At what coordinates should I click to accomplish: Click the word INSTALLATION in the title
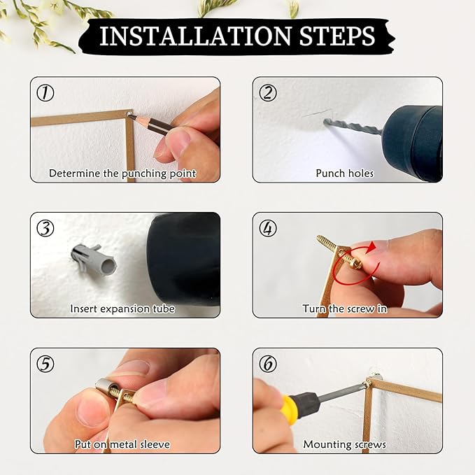click(x=195, y=36)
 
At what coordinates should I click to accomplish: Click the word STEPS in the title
click(x=337, y=36)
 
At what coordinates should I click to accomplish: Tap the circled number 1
click(x=45, y=93)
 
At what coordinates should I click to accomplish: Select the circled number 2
click(x=268, y=93)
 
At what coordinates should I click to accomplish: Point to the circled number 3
click(x=45, y=229)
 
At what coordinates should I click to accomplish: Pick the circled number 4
click(x=268, y=229)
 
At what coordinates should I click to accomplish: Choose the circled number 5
click(x=45, y=364)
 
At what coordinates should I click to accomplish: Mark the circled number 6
click(x=268, y=364)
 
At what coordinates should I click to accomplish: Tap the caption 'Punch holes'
click(x=345, y=173)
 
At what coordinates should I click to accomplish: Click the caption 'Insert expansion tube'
click(x=122, y=309)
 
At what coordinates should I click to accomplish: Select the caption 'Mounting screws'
click(x=345, y=444)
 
